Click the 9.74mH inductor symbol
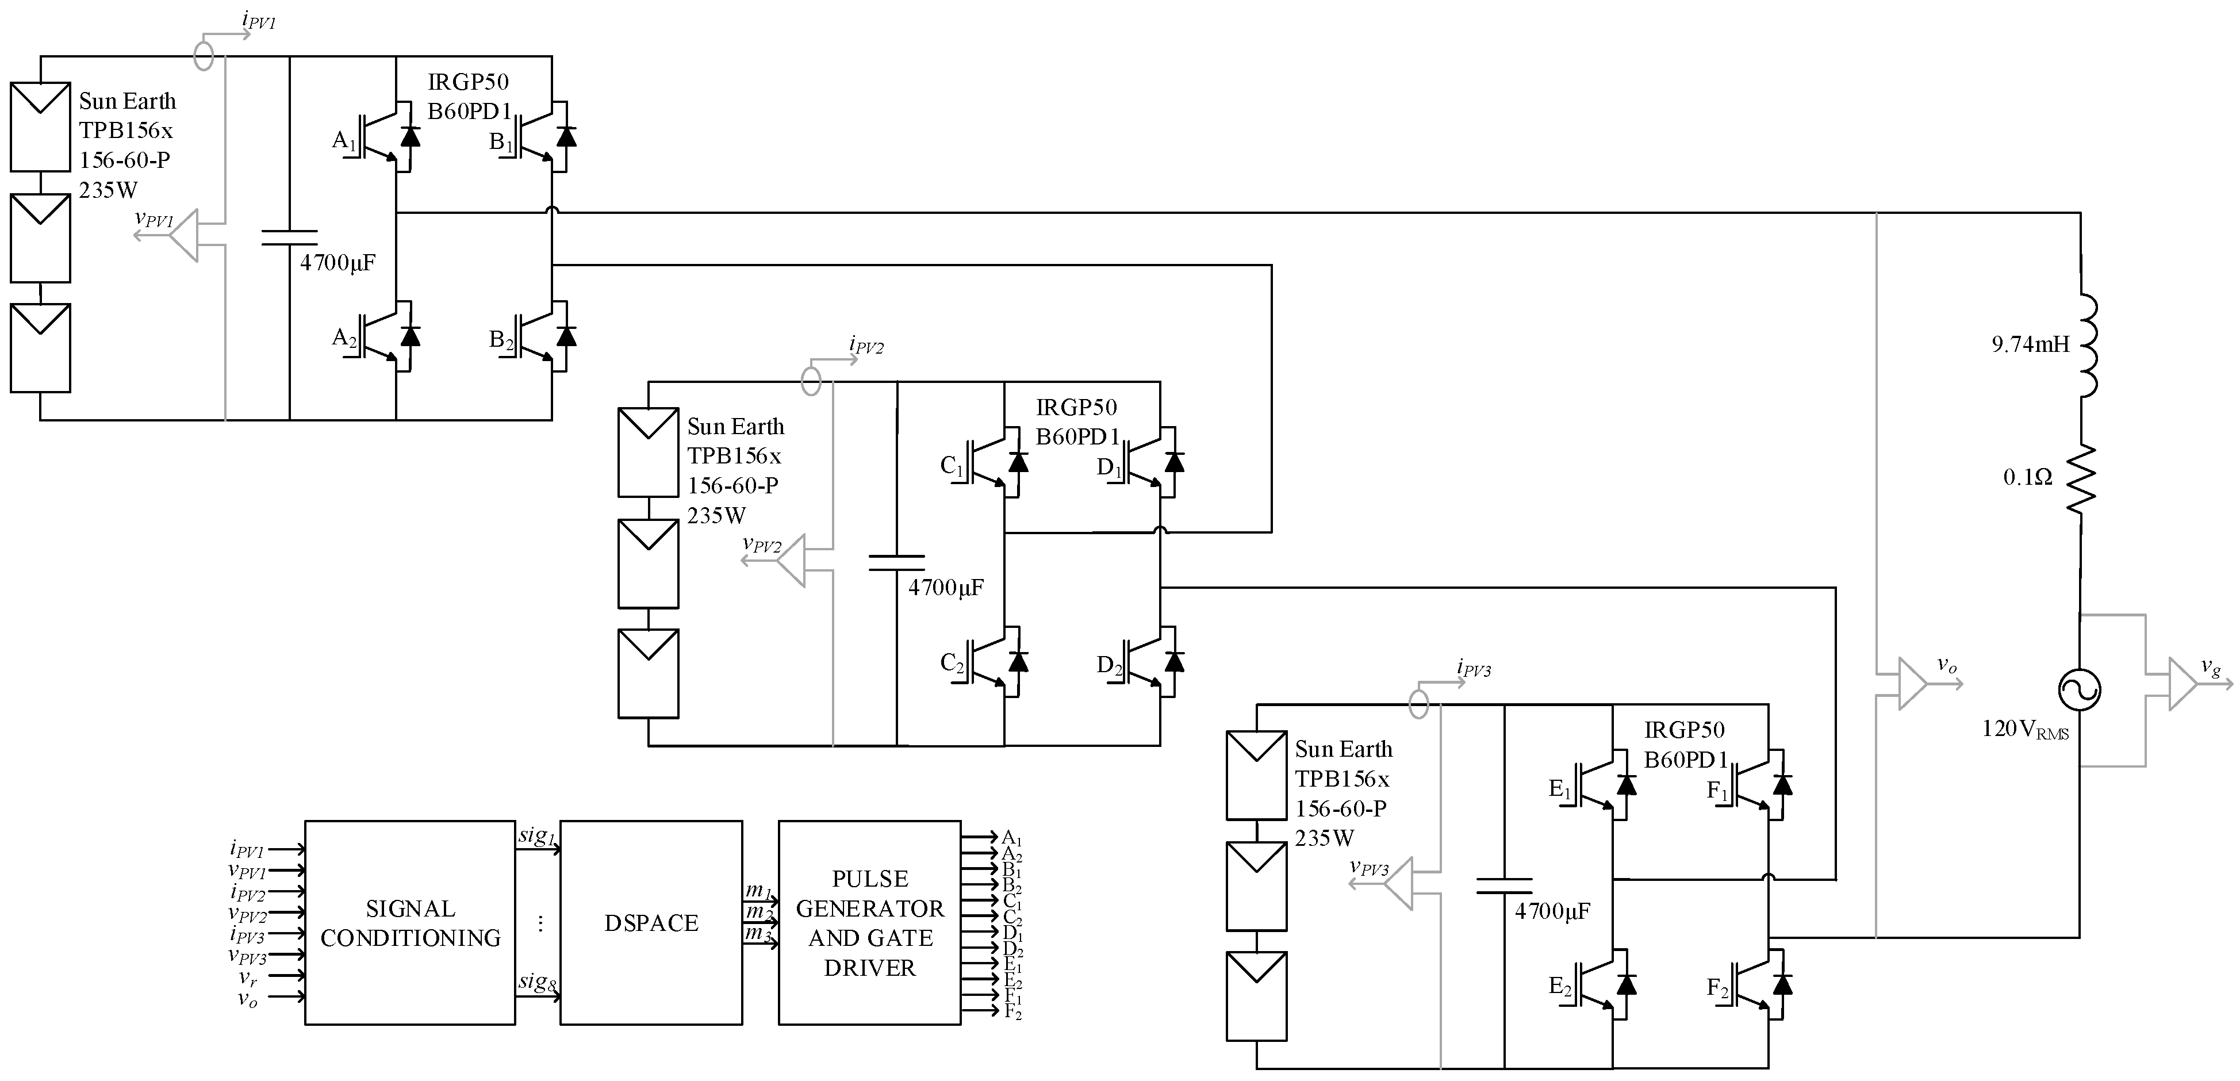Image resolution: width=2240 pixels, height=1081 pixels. [x=2087, y=345]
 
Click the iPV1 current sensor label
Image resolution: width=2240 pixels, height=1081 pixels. [x=258, y=21]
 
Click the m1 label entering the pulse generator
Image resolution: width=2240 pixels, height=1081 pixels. [x=758, y=891]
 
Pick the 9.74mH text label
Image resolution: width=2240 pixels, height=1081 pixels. [x=2031, y=344]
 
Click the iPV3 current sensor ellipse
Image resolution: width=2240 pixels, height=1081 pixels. [x=1418, y=703]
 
